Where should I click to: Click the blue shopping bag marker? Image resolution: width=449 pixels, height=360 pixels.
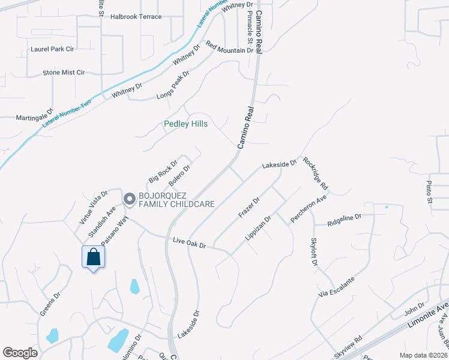tap(93, 257)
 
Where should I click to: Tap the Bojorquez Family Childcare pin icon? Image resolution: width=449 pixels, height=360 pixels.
tap(128, 199)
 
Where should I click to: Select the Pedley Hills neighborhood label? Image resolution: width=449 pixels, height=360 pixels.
tap(185, 124)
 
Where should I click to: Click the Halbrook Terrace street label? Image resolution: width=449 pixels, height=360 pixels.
tap(136, 17)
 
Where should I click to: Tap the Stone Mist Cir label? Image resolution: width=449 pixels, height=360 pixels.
tap(64, 73)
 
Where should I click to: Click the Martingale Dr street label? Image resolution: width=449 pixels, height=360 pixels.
tap(35, 114)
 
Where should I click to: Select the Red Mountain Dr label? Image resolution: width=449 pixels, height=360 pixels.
tap(229, 47)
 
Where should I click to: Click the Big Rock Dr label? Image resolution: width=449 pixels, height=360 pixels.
tap(163, 172)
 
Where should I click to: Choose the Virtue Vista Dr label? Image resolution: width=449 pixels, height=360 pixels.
tap(94, 208)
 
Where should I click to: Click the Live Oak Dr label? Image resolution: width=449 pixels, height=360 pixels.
tap(189, 243)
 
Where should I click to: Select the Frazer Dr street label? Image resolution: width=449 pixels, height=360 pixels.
tap(249, 207)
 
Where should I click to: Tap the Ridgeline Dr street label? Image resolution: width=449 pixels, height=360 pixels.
tap(345, 220)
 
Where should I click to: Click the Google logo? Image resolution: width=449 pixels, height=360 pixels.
tap(20, 353)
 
